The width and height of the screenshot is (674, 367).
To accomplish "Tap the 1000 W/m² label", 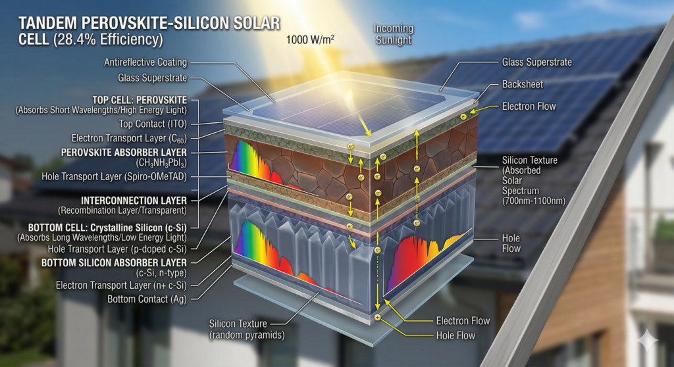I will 310,39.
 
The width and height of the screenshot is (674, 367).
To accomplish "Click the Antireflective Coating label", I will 145,62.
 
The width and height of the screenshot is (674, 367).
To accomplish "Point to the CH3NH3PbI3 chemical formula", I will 154,162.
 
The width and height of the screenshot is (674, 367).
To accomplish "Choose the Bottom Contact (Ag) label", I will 148,299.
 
